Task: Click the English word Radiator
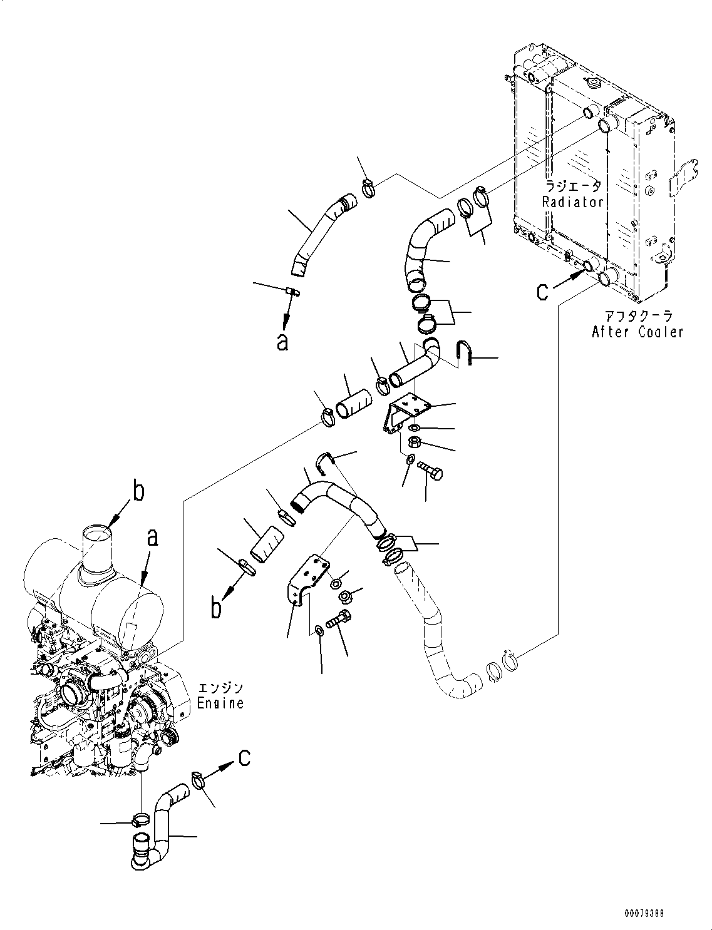[x=572, y=202]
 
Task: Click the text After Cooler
[x=637, y=332]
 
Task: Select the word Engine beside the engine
[x=220, y=703]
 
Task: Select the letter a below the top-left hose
[x=282, y=342]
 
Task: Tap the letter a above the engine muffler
[x=153, y=538]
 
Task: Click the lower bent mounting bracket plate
[x=307, y=582]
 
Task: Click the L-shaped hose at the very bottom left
[x=157, y=826]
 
